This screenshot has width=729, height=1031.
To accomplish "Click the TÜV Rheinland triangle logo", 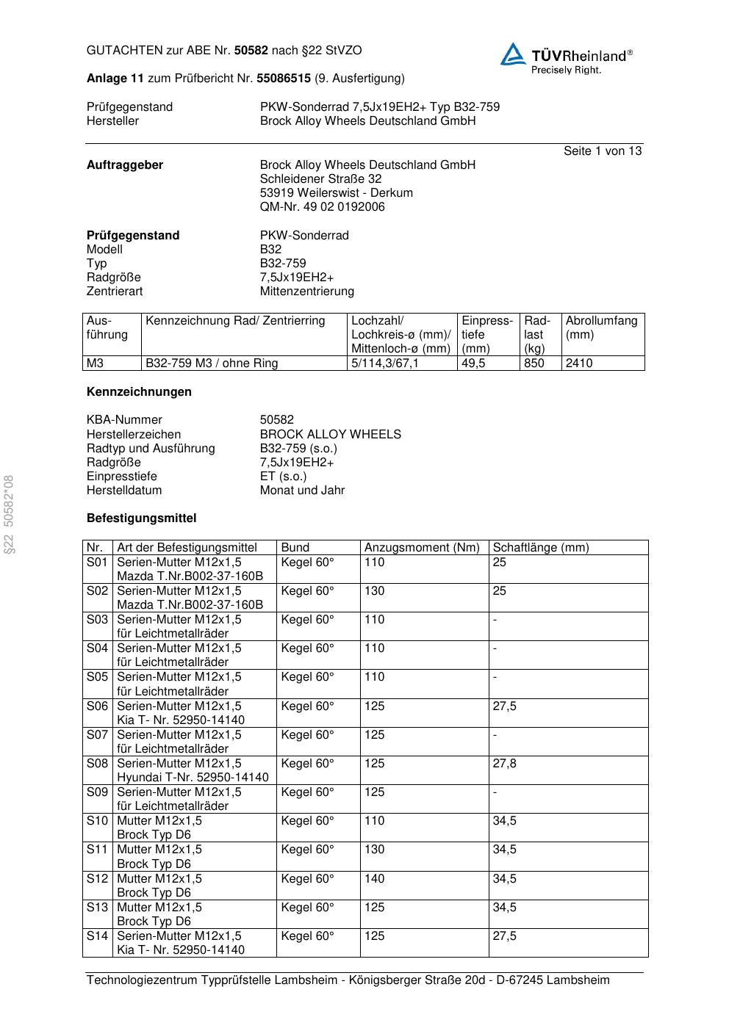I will [x=513, y=54].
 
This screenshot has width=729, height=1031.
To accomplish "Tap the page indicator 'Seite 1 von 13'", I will [x=602, y=151].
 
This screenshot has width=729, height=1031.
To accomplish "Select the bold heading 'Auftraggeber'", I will [x=125, y=164].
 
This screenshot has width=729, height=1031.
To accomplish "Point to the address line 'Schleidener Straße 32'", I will [x=320, y=178].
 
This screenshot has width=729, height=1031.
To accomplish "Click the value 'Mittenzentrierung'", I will [x=306, y=291].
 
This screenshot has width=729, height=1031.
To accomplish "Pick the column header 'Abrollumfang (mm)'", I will [x=601, y=328].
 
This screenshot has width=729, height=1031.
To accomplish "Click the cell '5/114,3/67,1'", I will [x=385, y=363].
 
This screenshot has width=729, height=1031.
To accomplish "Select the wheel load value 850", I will [x=534, y=363].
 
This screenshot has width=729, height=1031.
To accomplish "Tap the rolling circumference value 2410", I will [x=579, y=363].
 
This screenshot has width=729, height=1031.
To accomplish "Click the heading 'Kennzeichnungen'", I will [x=139, y=391].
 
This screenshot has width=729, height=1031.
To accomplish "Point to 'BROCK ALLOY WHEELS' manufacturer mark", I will [x=330, y=434].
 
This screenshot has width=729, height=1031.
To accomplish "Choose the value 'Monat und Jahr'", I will [x=302, y=490].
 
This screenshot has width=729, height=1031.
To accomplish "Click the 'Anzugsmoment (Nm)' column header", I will [x=422, y=547].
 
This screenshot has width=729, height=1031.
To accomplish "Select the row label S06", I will [x=97, y=706].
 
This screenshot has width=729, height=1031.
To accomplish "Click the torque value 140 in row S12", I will [x=374, y=878].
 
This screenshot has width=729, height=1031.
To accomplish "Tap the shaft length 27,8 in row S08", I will [x=504, y=763].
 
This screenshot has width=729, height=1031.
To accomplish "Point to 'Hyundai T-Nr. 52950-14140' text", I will [x=193, y=777].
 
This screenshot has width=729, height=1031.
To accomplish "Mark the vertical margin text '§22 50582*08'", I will [x=9, y=515].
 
